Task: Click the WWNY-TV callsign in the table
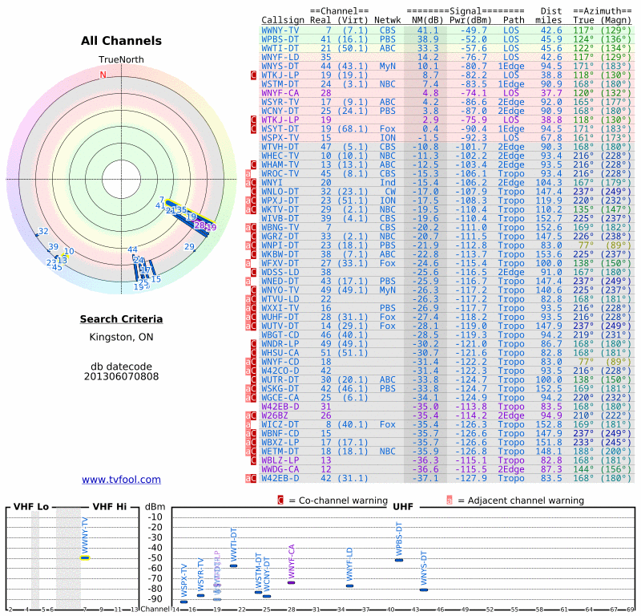point(280,30)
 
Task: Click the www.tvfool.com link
point(121,480)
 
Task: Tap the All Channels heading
point(121,41)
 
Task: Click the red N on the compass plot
point(103,75)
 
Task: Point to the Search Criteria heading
point(121,319)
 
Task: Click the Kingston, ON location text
point(121,337)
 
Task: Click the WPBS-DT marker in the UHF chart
point(399,559)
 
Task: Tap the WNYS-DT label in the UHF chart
point(424,570)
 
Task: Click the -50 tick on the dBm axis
point(154,557)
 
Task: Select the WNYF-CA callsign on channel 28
point(280,93)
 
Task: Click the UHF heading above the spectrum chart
point(402,507)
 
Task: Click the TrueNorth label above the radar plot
point(121,60)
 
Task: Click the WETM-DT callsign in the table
point(280,452)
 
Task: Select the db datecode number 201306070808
point(121,375)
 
